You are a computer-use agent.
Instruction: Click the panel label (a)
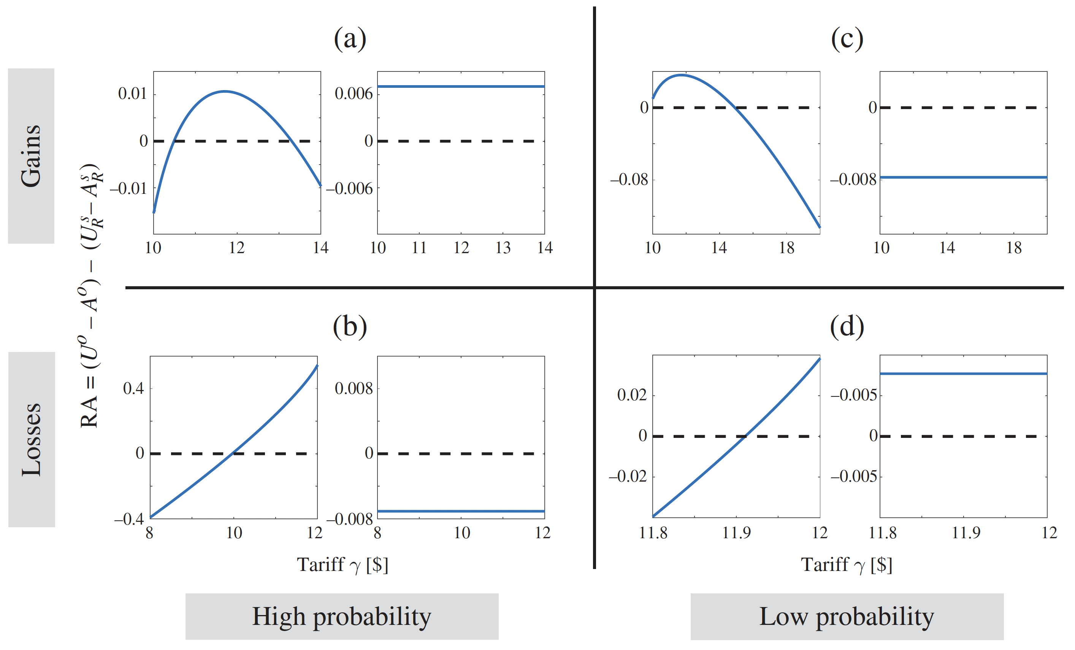pos(349,39)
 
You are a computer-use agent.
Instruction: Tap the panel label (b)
pos(349,327)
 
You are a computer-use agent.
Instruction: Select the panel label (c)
pos(847,39)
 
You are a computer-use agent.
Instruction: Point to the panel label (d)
pos(847,327)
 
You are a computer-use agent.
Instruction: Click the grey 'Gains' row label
pos(31,156)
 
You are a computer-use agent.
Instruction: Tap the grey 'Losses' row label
pos(32,439)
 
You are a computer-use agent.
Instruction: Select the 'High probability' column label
pos(342,617)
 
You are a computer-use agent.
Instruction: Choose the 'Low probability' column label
pos(847,617)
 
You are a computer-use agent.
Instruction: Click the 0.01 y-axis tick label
pos(133,94)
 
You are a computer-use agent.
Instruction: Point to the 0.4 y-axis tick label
pos(133,388)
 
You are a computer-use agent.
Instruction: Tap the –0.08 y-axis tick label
pos(629,179)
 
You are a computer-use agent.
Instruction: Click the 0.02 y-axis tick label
pos(632,395)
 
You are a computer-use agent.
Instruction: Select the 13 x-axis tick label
pos(503,248)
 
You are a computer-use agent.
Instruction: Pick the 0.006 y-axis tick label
pos(354,94)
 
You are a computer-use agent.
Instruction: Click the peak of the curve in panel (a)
pos(225,91)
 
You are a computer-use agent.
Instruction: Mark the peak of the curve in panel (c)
pos(681,75)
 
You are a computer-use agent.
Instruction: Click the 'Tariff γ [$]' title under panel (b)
pos(342,565)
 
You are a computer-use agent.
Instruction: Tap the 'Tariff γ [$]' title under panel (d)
pos(847,565)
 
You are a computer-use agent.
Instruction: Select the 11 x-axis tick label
pos(419,248)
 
